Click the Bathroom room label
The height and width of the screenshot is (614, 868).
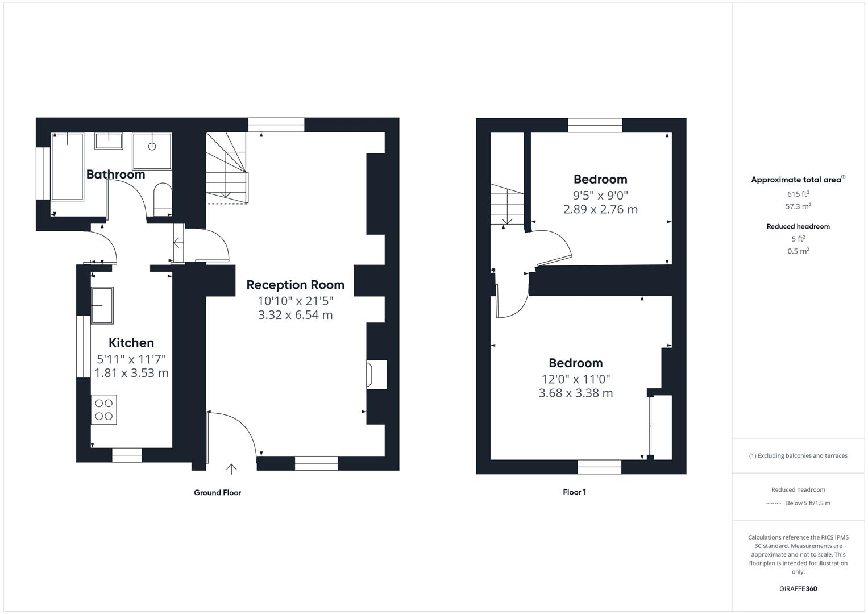point(115,175)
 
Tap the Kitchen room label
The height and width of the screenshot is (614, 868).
point(131,343)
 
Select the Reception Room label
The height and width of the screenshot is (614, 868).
point(295,285)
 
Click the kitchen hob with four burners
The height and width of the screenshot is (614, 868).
point(104,410)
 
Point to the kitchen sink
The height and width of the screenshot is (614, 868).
point(102,305)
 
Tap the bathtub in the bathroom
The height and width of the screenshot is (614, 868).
point(68,167)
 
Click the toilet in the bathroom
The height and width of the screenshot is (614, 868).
point(163,200)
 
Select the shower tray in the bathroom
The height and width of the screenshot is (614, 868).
point(152,151)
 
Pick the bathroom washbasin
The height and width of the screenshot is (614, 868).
point(109,141)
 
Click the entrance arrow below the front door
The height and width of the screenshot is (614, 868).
point(231,469)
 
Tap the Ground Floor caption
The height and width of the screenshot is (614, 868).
point(217,493)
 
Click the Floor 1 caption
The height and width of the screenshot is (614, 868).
point(574,492)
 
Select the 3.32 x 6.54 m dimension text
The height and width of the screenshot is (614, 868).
point(295,315)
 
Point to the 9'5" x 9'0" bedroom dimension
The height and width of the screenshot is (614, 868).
point(600,195)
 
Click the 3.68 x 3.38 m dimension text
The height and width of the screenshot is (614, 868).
point(575,393)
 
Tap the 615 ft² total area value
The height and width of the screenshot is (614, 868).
point(798,194)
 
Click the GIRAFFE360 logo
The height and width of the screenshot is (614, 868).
point(798,589)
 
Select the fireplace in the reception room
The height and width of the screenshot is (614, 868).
point(376,375)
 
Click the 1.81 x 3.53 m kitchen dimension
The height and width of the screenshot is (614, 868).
point(131,373)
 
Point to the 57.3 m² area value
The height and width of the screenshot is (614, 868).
point(798,206)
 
